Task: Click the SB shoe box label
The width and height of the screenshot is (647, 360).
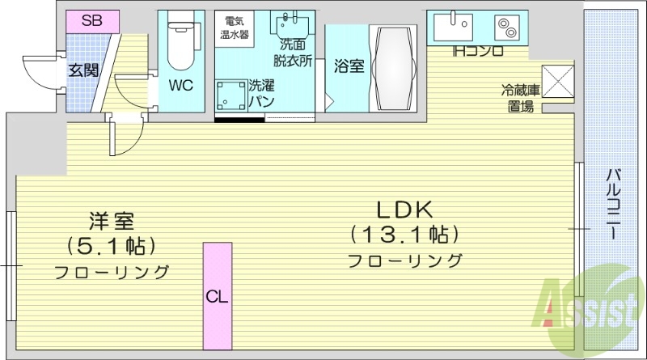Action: pos(91,20)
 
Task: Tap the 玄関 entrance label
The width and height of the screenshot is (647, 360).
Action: pos(83,70)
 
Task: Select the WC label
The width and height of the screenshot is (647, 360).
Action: pos(180,84)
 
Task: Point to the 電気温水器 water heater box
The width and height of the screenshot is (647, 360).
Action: pos(236,28)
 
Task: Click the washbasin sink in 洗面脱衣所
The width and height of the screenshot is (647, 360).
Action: pos(286,25)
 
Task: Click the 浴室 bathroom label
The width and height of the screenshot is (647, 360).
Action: pos(348,66)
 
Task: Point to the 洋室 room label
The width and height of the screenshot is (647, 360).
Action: pos(112,219)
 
